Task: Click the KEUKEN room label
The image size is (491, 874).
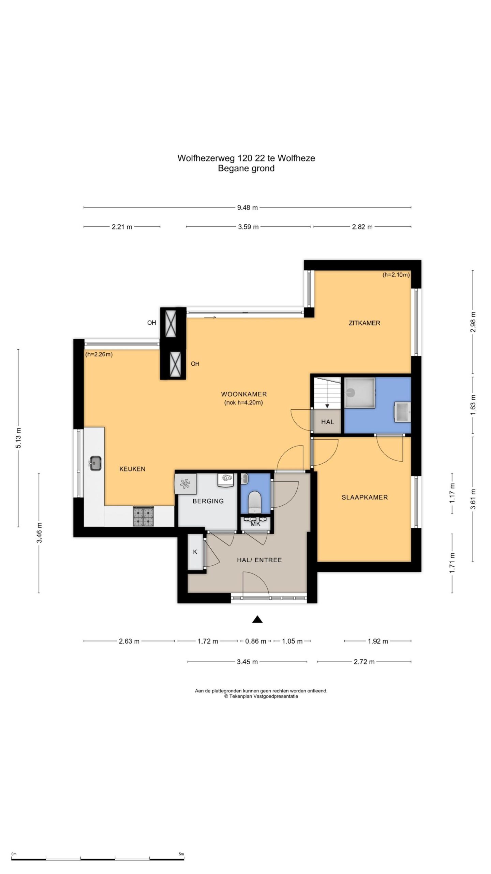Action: [x=132, y=469]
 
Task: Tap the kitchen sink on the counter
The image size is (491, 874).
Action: [x=95, y=463]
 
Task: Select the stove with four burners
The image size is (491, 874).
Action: [x=144, y=516]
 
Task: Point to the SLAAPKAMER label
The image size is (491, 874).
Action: [x=364, y=497]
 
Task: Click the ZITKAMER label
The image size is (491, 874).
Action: [x=364, y=323]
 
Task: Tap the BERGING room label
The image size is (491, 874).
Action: [x=208, y=501]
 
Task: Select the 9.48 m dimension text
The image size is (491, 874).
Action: [x=248, y=208]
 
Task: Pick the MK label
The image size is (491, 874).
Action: [x=255, y=524]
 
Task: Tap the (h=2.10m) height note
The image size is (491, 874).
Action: [x=396, y=274]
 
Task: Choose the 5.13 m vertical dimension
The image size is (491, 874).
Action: [x=18, y=438]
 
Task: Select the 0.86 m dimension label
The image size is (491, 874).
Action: [x=256, y=641]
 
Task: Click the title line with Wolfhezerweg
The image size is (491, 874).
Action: [x=246, y=158]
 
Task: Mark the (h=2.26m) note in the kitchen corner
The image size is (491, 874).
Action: [x=99, y=354]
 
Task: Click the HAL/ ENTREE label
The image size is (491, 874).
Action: [x=259, y=560]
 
